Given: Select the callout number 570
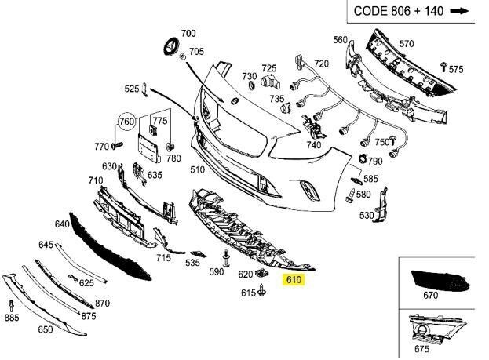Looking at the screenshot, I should tap(407, 44).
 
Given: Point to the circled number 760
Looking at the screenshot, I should tap(126, 122).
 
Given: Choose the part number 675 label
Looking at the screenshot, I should tap(421, 349).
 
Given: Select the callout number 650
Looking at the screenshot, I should tap(46, 330).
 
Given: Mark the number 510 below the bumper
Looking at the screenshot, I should tap(197, 169).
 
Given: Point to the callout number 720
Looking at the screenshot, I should tap(322, 64).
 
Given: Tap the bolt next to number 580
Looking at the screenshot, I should tap(349, 196).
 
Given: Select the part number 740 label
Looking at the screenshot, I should tap(314, 145).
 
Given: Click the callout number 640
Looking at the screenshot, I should tap(62, 223).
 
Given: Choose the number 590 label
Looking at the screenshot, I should tap(217, 271).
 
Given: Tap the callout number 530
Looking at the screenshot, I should tap(367, 215).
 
